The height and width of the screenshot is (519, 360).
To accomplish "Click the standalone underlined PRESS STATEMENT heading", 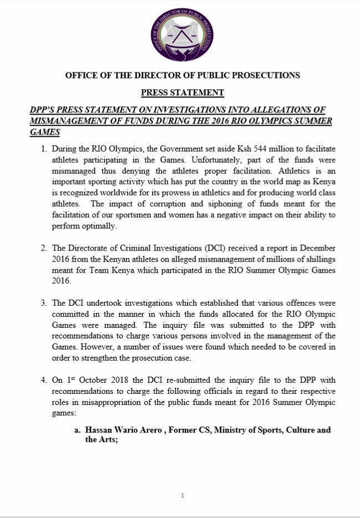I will click(x=182, y=93).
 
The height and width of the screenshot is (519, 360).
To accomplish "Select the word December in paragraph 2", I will click(x=313, y=249).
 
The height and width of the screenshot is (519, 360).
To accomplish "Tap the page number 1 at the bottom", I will click(x=182, y=496).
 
